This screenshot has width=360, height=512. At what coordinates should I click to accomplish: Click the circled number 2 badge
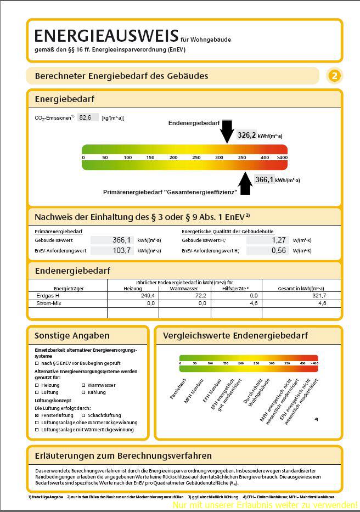[334, 76]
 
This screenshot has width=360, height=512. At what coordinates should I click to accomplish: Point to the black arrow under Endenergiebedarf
[227, 132]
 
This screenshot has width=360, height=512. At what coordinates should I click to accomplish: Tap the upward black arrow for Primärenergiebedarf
[245, 183]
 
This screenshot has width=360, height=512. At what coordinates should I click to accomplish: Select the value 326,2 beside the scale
[246, 135]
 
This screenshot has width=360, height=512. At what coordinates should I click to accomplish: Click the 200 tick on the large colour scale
[150, 157]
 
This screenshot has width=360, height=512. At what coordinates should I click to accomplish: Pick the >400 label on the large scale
[282, 157]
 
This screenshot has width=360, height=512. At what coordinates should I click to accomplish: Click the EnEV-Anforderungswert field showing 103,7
[112, 250]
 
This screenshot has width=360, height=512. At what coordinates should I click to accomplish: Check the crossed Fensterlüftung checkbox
[37, 415]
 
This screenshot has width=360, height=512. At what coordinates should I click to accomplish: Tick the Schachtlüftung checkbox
[83, 415]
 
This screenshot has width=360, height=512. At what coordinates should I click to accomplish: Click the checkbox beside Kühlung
[83, 392]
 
